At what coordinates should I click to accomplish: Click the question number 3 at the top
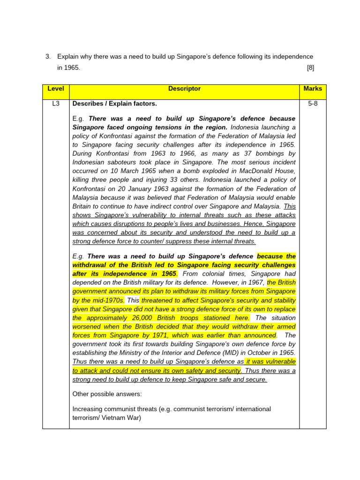click(48, 57)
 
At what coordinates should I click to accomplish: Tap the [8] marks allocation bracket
click(310, 67)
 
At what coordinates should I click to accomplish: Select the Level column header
click(56, 89)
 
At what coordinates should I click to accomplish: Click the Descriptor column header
click(184, 89)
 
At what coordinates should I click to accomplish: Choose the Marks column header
click(313, 89)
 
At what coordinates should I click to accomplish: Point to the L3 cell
click(56, 104)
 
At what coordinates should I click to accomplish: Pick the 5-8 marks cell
click(313, 104)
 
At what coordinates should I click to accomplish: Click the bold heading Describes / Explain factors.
click(115, 104)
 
